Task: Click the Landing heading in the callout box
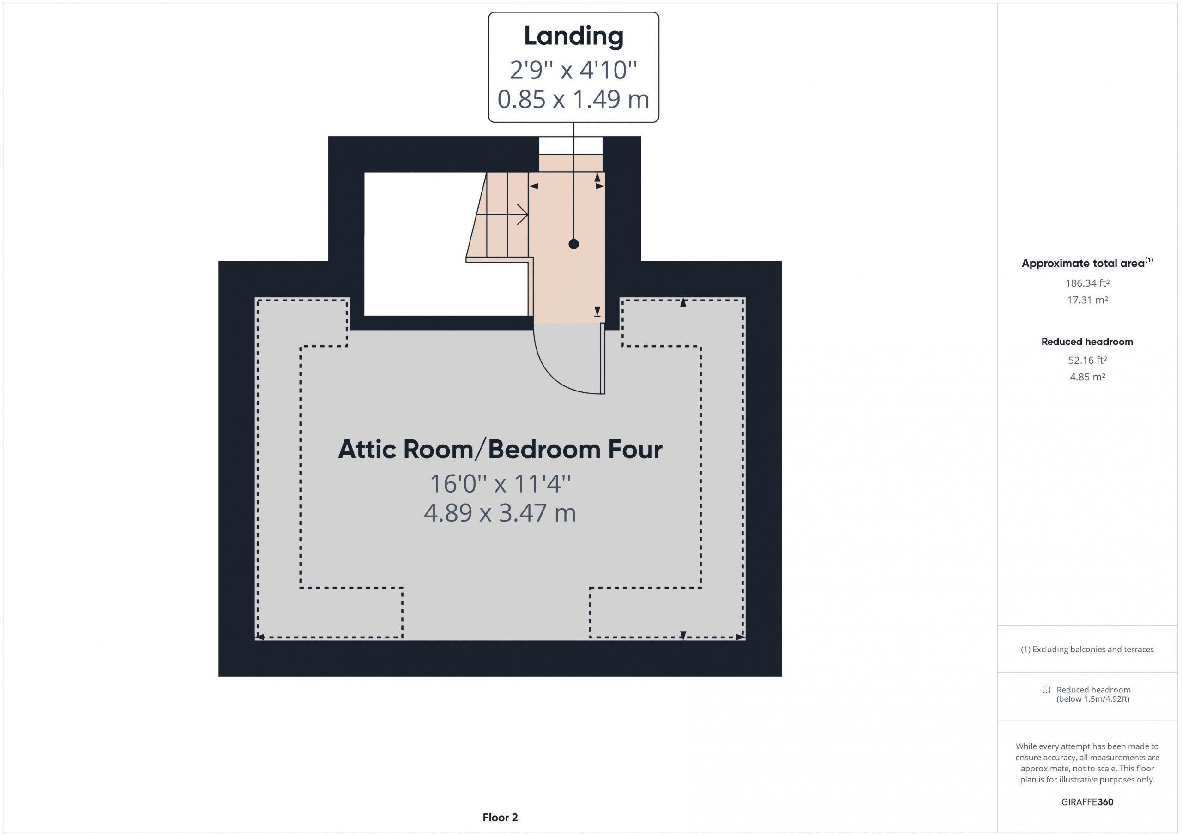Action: (x=573, y=36)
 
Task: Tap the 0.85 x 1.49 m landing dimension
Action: (x=573, y=99)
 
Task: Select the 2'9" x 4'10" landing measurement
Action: (x=573, y=70)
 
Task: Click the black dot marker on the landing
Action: (x=573, y=244)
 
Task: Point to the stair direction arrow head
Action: (x=523, y=214)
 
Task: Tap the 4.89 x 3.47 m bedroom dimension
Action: (x=500, y=513)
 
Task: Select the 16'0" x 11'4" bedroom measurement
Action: (x=500, y=483)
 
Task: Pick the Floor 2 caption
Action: (x=500, y=818)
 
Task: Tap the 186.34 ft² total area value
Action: (x=1087, y=283)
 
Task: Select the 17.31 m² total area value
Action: (x=1087, y=300)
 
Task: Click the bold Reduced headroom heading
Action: (x=1087, y=341)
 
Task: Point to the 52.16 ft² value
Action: (x=1087, y=360)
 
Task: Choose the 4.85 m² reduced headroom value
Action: (x=1087, y=377)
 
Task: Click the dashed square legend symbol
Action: (x=1046, y=689)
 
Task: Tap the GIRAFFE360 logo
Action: (x=1087, y=801)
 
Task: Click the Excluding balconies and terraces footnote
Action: (x=1087, y=649)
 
